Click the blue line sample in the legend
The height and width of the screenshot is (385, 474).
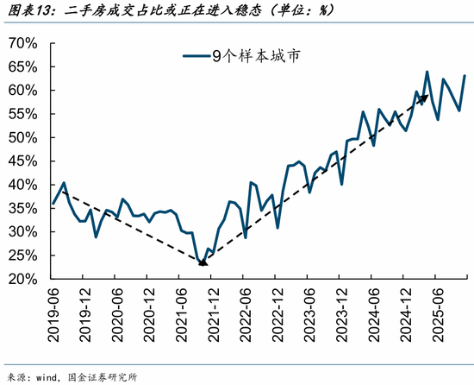coord(196,56)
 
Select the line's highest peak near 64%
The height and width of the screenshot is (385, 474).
coord(427,72)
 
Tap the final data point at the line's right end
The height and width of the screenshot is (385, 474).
coord(465,76)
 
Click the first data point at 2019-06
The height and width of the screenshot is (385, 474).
coord(53,204)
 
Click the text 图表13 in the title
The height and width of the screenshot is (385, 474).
coord(27,10)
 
